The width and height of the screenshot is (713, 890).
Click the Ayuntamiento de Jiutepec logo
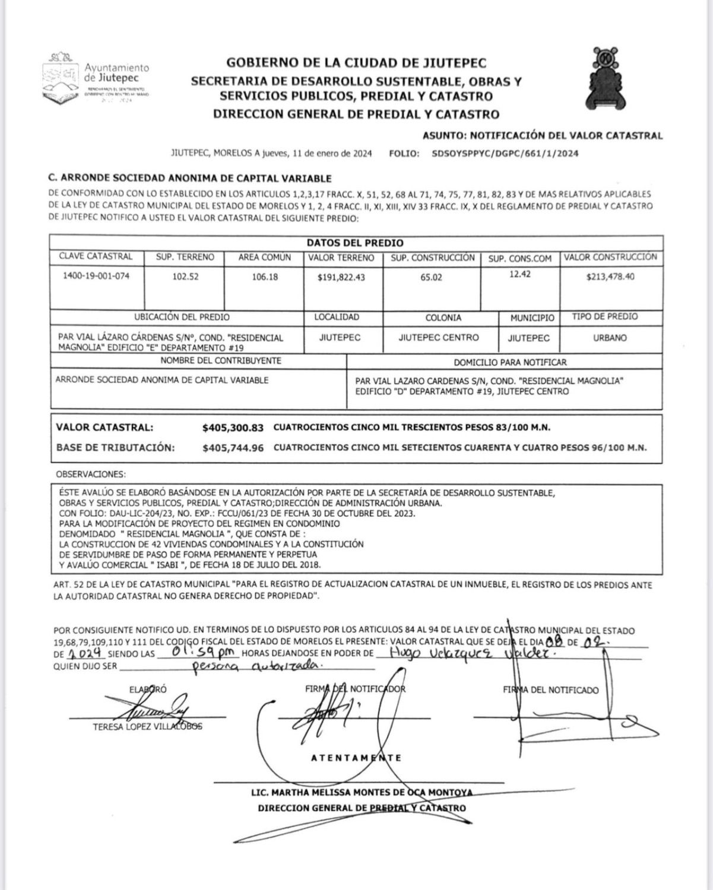(x=95, y=78)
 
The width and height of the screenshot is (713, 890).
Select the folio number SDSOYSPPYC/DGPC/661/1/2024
(x=506, y=154)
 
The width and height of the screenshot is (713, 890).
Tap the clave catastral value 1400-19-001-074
(x=96, y=276)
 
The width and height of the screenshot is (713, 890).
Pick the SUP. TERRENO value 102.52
(x=185, y=276)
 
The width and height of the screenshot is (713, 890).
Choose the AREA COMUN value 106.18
(x=265, y=276)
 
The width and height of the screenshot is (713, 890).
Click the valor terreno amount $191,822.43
(x=341, y=277)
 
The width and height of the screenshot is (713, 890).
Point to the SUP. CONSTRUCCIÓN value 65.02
(x=431, y=277)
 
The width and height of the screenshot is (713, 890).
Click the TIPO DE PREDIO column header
(x=605, y=317)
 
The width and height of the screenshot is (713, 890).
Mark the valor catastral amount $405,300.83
(x=233, y=427)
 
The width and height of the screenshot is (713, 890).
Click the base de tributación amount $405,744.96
(x=233, y=448)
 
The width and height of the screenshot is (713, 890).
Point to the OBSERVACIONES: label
(x=91, y=475)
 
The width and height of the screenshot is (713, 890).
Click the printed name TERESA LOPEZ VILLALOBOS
(x=147, y=727)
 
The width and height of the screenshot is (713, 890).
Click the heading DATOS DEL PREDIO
(x=355, y=243)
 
